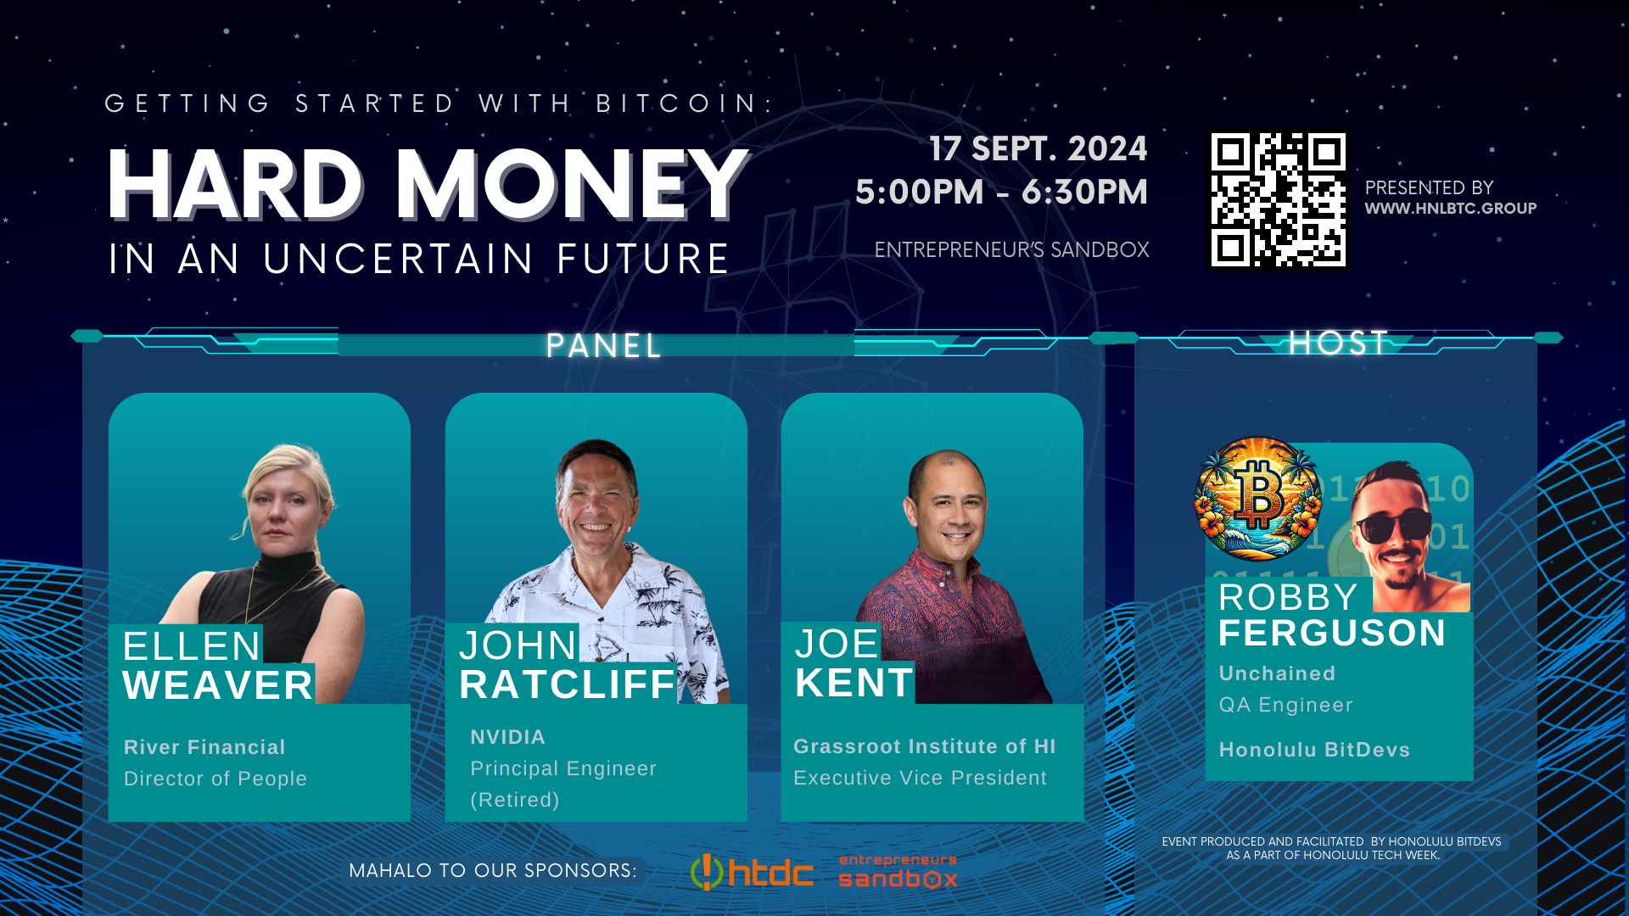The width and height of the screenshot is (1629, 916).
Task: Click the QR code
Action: (x=1278, y=200)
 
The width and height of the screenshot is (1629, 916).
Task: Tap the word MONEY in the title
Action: (x=573, y=184)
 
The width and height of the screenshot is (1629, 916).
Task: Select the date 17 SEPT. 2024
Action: (x=1038, y=148)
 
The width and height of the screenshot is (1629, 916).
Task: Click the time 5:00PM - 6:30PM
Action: (x=1001, y=192)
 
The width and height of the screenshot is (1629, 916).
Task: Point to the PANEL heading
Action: (x=604, y=346)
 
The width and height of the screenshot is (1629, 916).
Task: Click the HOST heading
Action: (x=1338, y=343)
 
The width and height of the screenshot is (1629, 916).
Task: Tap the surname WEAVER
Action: (x=218, y=685)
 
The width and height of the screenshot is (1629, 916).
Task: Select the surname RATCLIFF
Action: (x=567, y=684)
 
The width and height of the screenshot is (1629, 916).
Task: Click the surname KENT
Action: (x=854, y=683)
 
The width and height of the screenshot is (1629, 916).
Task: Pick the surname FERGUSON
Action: (x=1332, y=634)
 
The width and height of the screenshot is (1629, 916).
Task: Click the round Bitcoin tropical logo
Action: (x=1258, y=499)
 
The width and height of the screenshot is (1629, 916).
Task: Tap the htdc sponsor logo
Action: (x=752, y=872)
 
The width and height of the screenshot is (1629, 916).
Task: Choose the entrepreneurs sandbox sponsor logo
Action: (x=898, y=871)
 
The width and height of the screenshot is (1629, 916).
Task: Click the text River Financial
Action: (x=204, y=747)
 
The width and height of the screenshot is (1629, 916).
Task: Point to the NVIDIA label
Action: (x=507, y=737)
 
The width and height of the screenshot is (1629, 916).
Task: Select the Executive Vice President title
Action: (x=920, y=778)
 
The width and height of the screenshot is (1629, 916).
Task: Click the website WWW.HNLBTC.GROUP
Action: (x=1451, y=209)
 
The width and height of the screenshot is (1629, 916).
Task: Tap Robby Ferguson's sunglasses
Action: (x=1391, y=526)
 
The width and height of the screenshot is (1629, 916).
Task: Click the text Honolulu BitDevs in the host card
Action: (x=1314, y=750)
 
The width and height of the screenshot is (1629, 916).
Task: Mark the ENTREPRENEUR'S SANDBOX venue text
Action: (x=1011, y=250)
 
